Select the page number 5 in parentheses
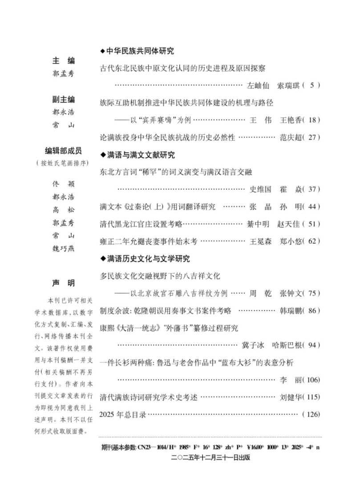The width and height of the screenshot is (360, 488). (x=312, y=85)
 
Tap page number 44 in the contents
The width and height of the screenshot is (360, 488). (x=314, y=207)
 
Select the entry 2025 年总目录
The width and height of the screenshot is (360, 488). (x=123, y=414)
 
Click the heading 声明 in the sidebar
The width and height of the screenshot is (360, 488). (x=64, y=283)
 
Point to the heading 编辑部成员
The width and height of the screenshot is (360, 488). (x=64, y=151)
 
